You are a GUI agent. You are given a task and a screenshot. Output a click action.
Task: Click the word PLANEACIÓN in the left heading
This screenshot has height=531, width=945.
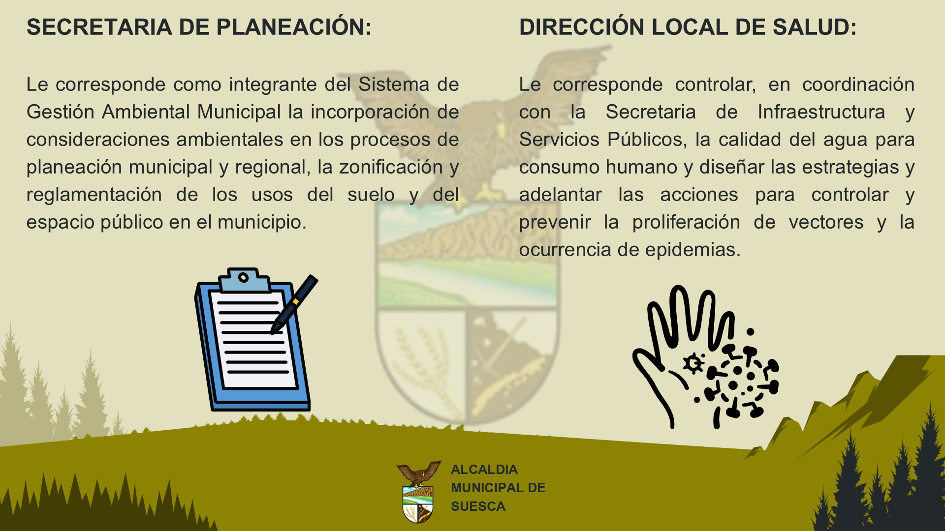[294, 27]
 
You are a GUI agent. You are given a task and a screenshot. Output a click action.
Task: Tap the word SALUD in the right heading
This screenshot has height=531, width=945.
[815, 27]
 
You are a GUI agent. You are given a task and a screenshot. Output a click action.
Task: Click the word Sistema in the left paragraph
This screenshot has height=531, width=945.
[394, 85]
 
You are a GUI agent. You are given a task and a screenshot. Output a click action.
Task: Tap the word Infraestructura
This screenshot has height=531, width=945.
[821, 112]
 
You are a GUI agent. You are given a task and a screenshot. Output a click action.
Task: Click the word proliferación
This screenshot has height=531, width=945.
[686, 223]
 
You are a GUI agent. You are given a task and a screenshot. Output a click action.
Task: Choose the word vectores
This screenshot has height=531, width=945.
[826, 222]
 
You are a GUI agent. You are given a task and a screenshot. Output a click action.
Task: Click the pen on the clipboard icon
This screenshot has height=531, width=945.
[294, 304]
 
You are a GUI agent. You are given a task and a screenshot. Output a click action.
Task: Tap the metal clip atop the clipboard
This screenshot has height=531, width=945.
[245, 280]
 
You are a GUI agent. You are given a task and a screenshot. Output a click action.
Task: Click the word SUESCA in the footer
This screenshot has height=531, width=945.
[478, 506]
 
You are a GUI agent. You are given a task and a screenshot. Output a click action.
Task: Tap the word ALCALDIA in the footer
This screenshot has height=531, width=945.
[484, 470]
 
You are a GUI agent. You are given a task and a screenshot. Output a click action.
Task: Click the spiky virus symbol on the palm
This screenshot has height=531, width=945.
[693, 364]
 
